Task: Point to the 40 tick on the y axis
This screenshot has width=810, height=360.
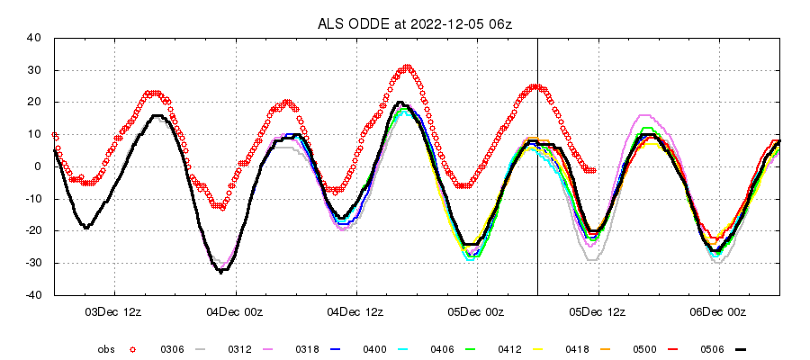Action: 36,38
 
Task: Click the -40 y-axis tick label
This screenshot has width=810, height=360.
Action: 33,295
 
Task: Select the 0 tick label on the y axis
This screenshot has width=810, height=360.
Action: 39,166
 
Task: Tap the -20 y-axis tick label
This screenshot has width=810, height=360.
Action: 33,231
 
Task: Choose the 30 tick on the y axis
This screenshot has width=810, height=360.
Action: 36,70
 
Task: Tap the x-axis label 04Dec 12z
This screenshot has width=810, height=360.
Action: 356,312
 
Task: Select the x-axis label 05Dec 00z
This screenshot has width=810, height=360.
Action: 478,312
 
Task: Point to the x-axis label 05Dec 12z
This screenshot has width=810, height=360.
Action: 598,312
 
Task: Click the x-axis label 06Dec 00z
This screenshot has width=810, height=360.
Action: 720,312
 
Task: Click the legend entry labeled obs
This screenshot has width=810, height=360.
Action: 106,348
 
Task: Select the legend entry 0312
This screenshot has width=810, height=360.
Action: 238,348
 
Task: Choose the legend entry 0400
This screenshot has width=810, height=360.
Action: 373,348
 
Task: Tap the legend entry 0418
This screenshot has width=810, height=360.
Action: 578,348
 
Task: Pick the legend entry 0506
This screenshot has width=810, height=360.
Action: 713,348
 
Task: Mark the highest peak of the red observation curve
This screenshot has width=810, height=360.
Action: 408,67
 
